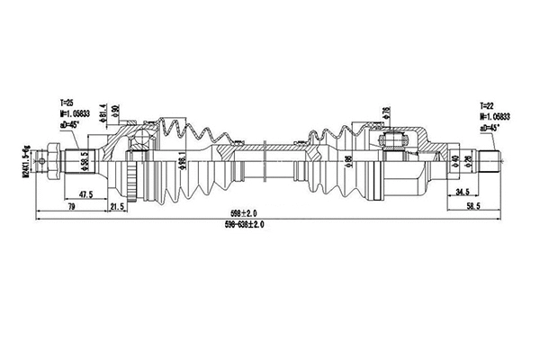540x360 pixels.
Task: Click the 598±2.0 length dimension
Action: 243,212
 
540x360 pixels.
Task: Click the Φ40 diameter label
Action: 455,163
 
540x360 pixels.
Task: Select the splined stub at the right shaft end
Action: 490,163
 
